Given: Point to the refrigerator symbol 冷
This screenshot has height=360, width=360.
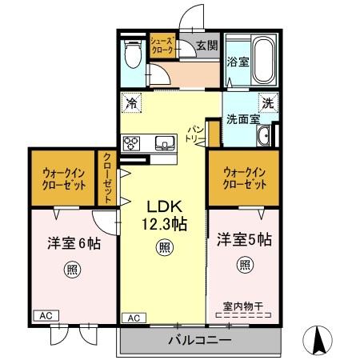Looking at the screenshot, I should pyautogui.click(x=130, y=102).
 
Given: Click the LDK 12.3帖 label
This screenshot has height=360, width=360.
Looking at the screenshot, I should pyautogui.click(x=165, y=214).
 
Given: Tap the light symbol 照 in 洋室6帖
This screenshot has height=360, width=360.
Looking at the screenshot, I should pyautogui.click(x=72, y=270).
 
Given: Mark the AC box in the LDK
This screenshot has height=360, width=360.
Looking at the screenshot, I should pyautogui.click(x=135, y=318).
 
